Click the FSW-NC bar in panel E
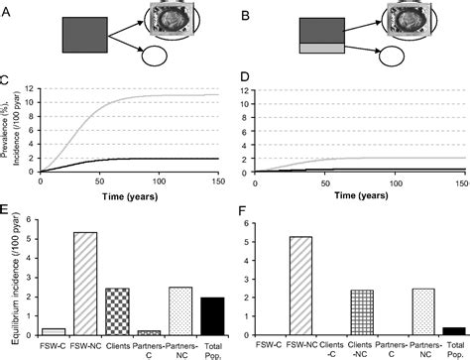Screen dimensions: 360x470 point(87,288)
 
